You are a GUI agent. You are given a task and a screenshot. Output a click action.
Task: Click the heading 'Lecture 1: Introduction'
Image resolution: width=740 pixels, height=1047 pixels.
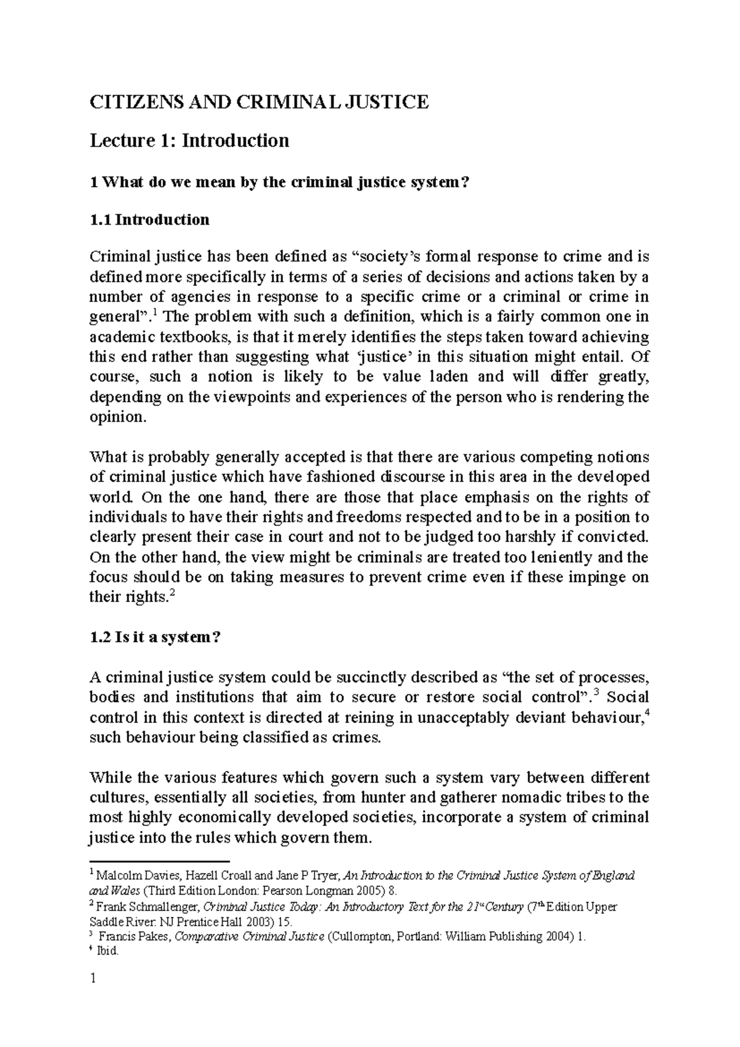[189, 141]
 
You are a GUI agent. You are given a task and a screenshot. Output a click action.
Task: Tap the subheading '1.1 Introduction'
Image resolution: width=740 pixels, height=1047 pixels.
[149, 220]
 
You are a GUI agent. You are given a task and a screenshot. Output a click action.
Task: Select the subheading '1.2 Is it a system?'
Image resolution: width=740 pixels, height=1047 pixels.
[155, 638]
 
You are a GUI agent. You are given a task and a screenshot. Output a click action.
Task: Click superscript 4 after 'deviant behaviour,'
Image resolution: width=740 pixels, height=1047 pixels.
[646, 713]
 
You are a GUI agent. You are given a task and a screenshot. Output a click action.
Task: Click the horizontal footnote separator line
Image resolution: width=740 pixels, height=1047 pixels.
[159, 860]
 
